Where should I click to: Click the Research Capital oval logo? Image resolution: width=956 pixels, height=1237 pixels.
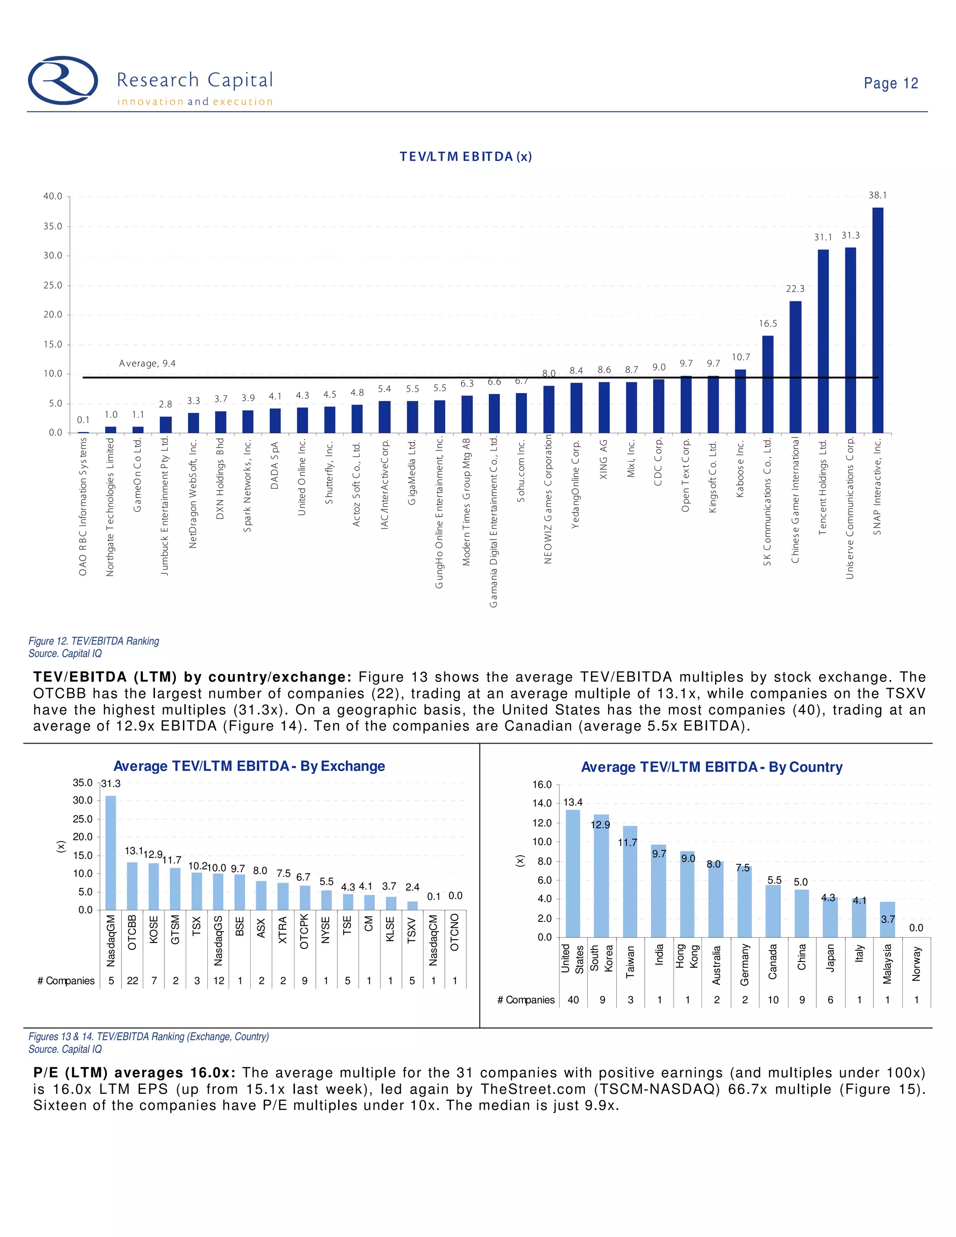pos(63,80)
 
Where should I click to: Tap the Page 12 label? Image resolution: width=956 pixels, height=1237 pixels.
pos(890,83)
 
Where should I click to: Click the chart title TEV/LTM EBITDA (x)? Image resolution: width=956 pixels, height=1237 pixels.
pos(465,156)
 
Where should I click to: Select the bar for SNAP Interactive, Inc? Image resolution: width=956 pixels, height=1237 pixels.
pos(877,320)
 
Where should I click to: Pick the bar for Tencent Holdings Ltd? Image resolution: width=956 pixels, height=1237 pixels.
pos(823,341)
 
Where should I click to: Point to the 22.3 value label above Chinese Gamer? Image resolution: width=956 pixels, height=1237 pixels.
pos(795,289)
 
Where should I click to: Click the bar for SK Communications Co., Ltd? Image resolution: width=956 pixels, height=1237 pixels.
pos(767,384)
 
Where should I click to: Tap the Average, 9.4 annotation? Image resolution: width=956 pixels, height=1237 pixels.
pos(147,363)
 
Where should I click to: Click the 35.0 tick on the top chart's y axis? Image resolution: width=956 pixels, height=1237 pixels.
pos(53,226)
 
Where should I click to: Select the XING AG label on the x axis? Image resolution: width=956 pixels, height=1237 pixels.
pos(604,459)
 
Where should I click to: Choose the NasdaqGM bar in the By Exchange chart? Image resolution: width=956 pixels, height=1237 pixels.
pos(111,852)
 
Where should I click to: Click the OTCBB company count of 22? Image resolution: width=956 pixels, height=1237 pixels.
pos(133,980)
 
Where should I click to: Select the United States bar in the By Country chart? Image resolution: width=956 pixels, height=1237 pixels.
pos(573,873)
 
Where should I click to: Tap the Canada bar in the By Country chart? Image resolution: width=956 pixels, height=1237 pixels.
pos(773,911)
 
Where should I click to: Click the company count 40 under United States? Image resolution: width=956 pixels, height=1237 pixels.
pos(573,1000)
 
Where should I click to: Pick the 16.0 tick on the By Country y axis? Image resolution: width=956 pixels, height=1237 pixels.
pos(541,785)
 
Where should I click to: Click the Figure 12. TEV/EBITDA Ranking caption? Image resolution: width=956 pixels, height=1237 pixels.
pos(94,640)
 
